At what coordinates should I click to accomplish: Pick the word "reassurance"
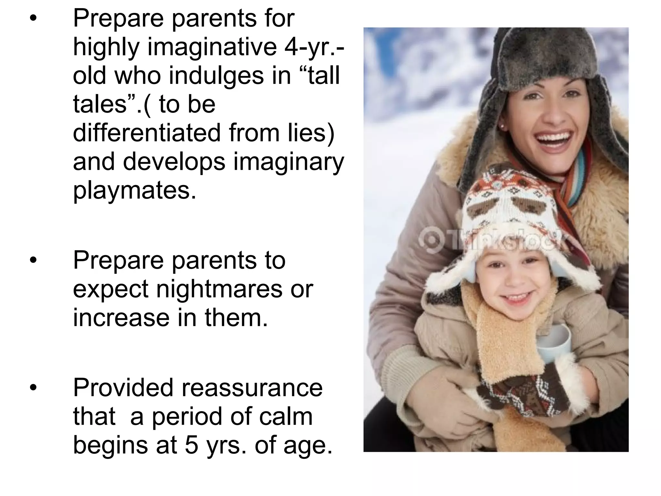click(x=252, y=387)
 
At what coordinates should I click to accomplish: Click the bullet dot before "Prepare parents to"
click(x=33, y=260)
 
